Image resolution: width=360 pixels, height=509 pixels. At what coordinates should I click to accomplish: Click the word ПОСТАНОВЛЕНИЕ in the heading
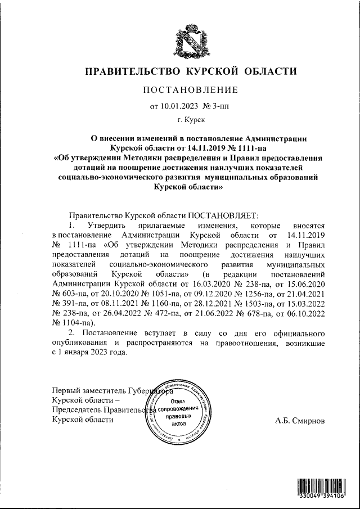click(190, 90)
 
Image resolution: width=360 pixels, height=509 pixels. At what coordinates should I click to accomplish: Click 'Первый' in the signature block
click(66, 390)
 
